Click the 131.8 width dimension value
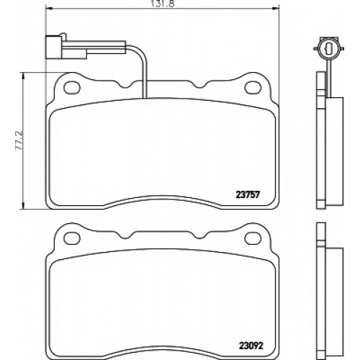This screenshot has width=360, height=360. tap(163, 4)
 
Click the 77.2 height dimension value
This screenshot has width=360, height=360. tap(19, 140)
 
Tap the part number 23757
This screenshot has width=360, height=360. tap(248, 194)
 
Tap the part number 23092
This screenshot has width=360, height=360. tap(251, 346)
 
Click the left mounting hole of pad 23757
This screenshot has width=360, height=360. tap(71, 88)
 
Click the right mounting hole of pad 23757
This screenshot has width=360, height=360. tap(253, 88)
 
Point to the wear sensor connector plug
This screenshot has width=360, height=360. tap(66, 47)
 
